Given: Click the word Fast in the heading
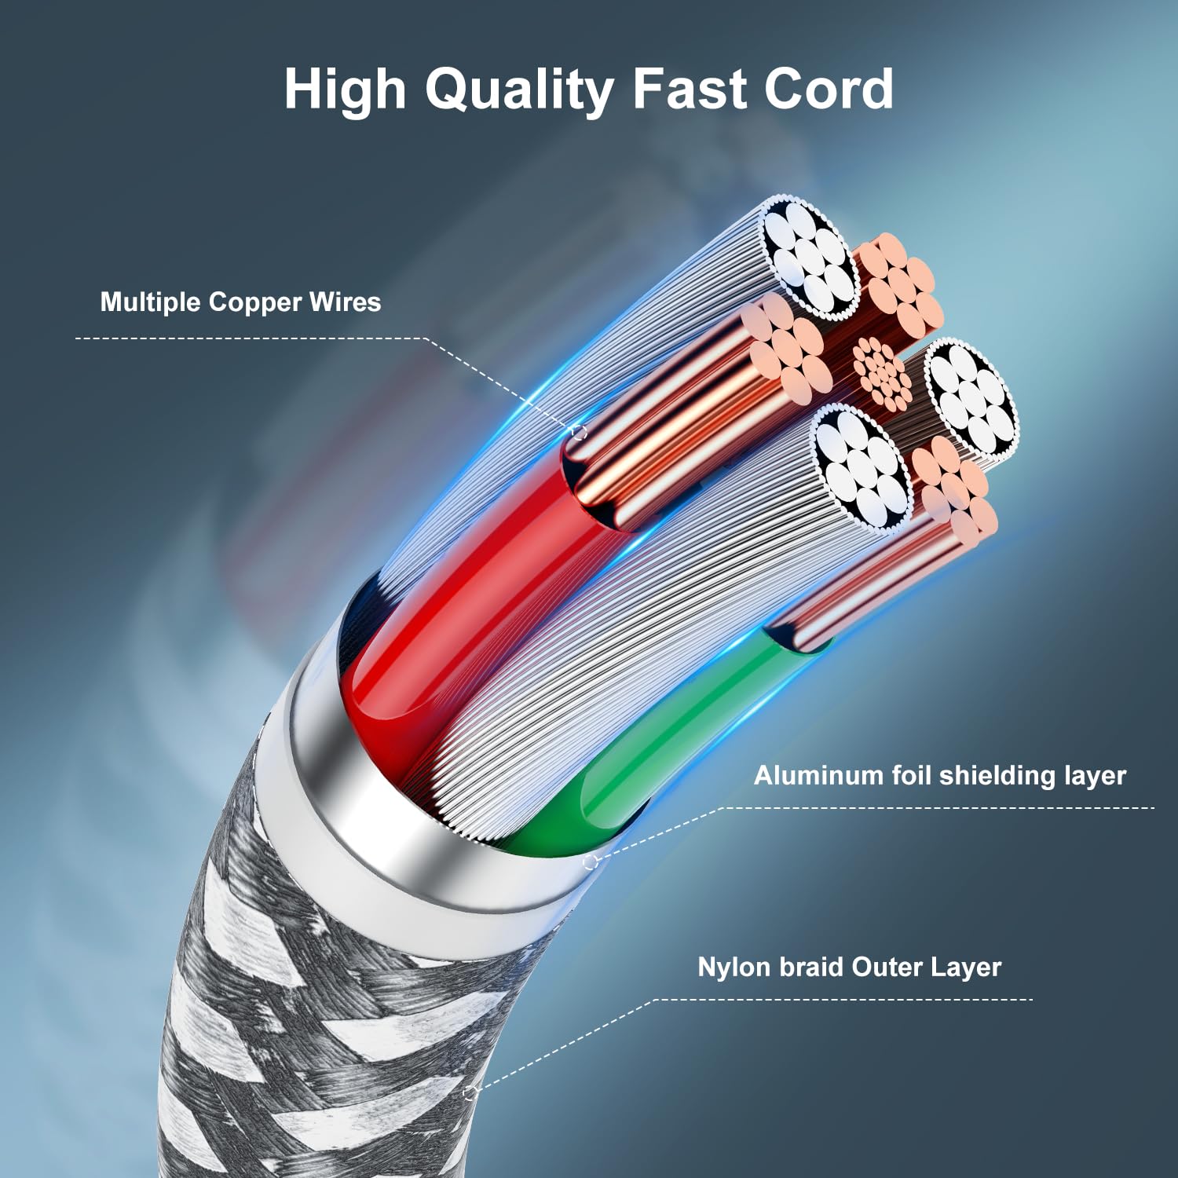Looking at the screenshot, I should pos(688,89).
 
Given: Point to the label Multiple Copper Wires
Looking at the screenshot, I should pos(240,302).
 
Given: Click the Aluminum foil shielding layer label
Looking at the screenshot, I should pos(939,776).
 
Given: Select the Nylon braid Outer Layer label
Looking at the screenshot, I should pos(849,967).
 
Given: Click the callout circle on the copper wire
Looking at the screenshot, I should pos(579,432).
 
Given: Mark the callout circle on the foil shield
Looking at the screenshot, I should pos(591,862).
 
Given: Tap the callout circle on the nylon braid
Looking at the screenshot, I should pos(470,1092).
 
